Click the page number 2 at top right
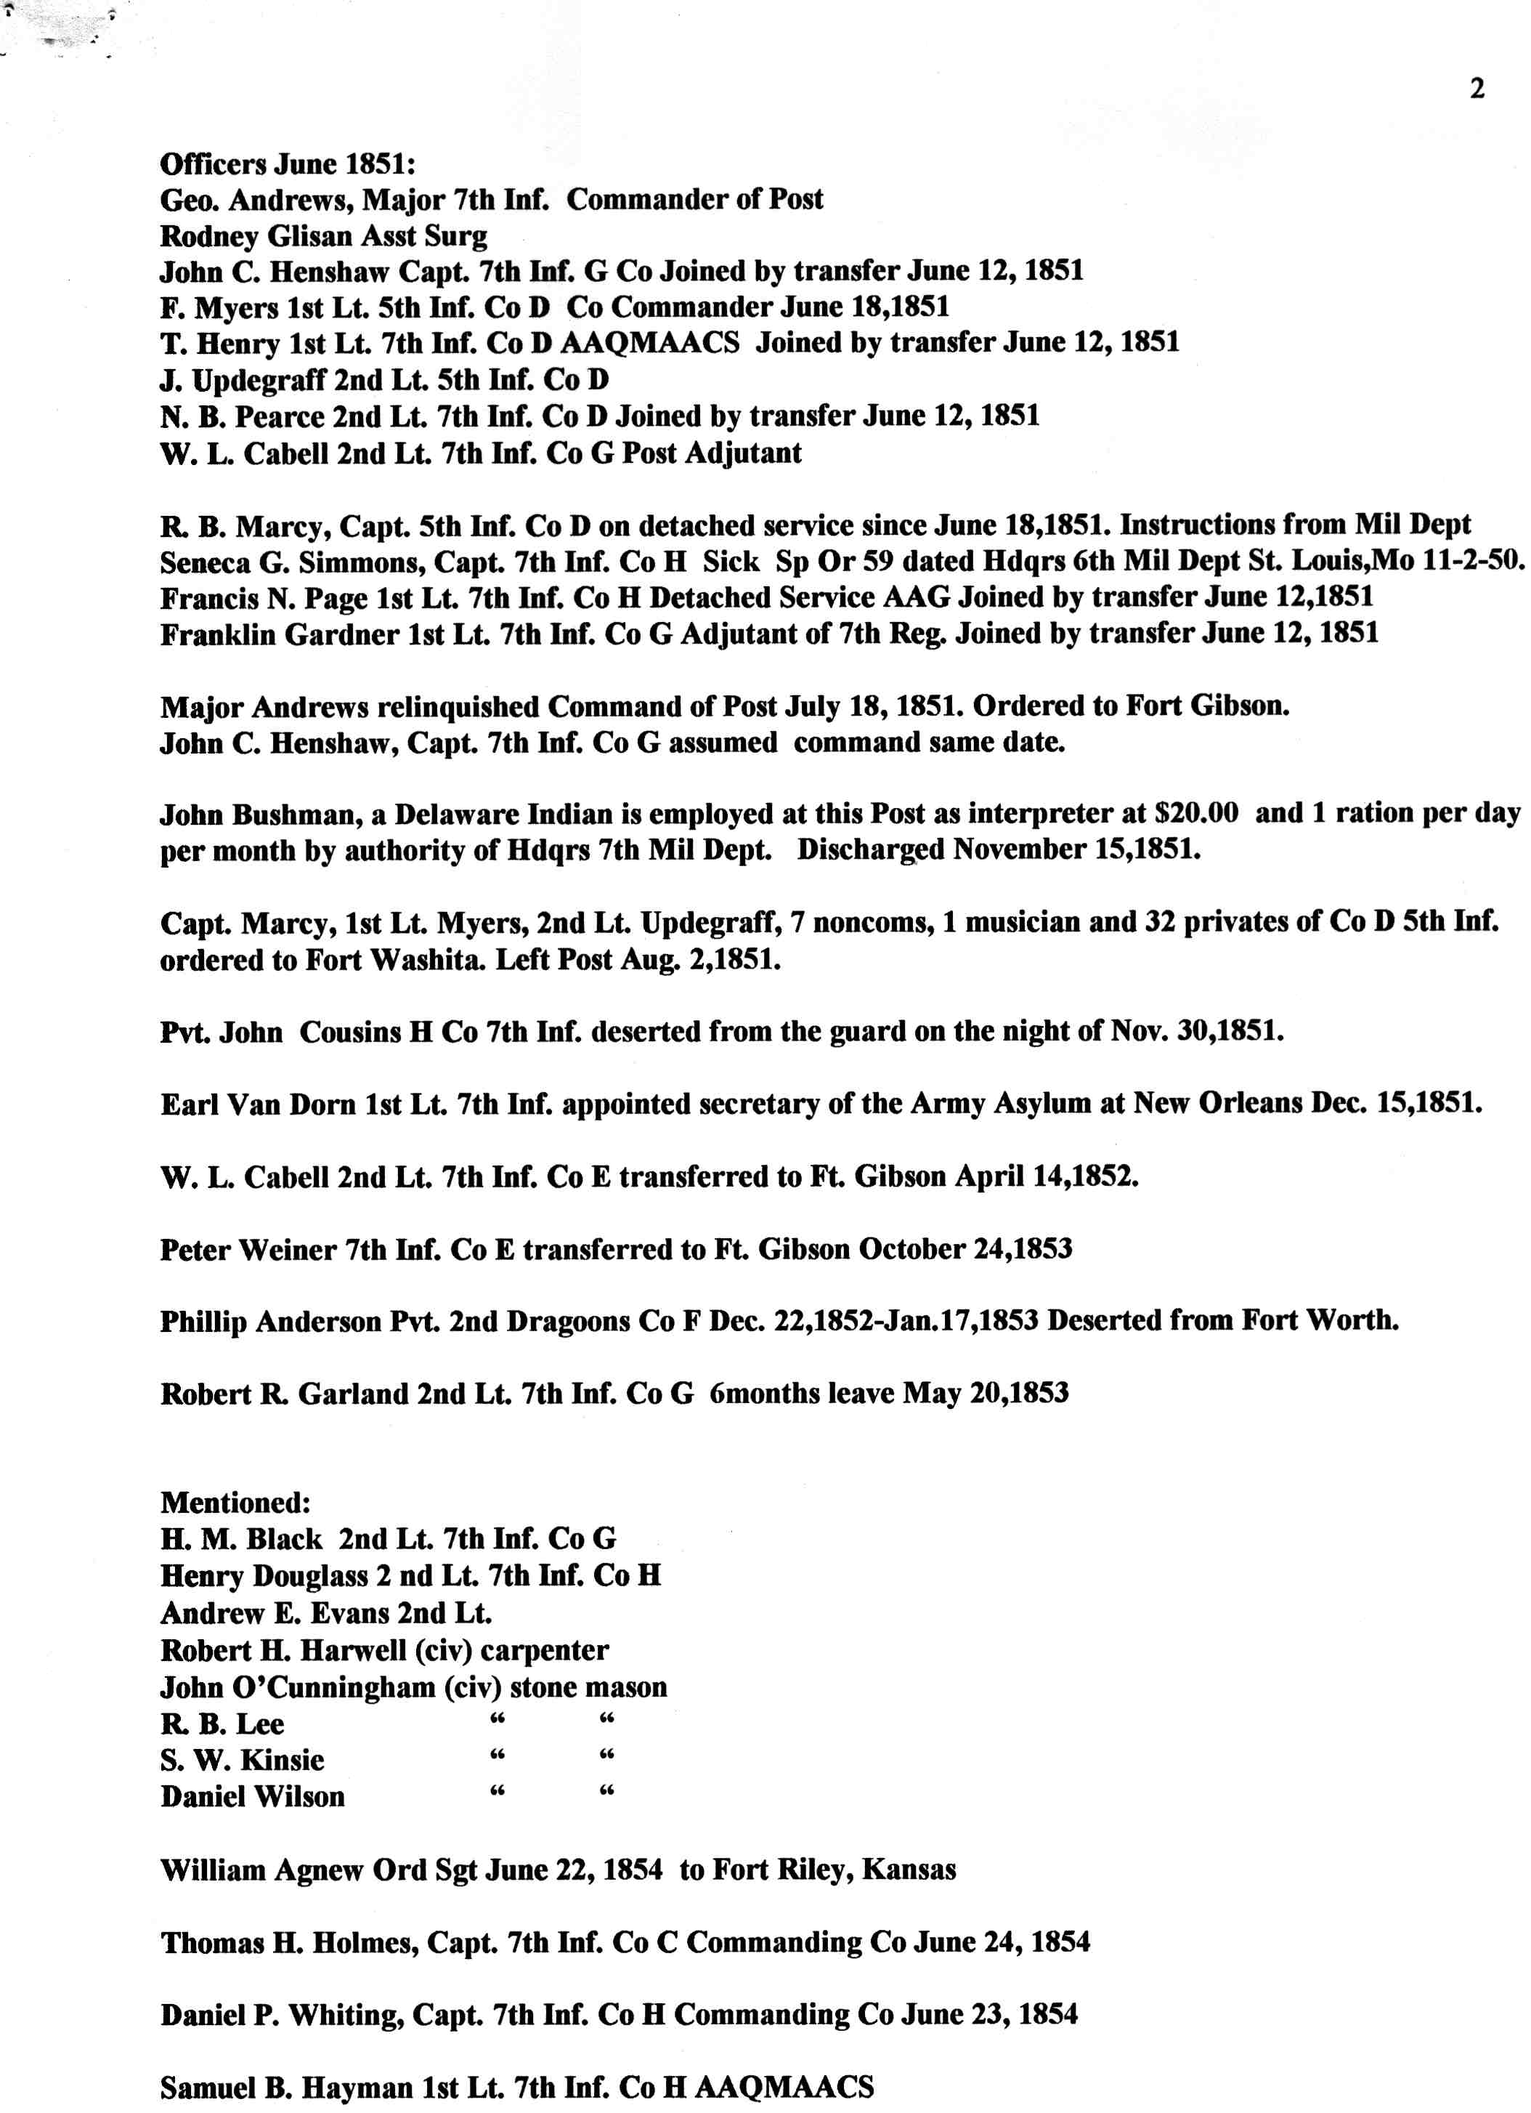pyautogui.click(x=1476, y=89)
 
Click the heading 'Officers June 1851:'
pyautogui.click(x=287, y=164)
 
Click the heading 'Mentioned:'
pyautogui.click(x=235, y=1503)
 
